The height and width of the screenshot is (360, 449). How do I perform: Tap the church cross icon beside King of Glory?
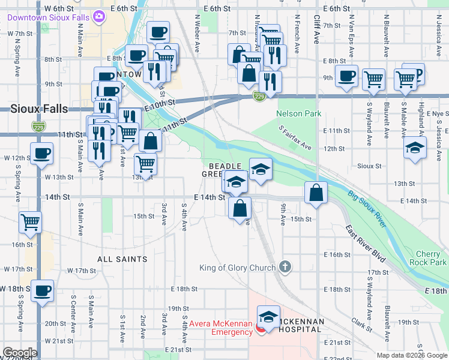click(285, 266)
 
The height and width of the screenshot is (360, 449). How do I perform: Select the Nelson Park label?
click(298, 113)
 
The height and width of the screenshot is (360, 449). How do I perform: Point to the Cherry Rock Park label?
click(430, 259)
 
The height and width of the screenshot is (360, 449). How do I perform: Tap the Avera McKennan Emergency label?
click(221, 328)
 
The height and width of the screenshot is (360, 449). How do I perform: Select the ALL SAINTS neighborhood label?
click(122, 259)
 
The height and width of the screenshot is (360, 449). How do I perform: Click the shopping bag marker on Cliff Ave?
click(316, 193)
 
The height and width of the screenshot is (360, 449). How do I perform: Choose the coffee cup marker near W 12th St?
click(41, 154)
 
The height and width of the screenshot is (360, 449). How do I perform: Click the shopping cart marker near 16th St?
click(30, 223)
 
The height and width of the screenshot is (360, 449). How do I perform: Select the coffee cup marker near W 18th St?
click(42, 291)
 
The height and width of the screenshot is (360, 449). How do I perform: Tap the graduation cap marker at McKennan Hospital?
click(268, 316)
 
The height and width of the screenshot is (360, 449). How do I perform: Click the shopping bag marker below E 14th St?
click(240, 208)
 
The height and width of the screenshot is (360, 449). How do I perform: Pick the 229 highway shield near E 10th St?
click(259, 96)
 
